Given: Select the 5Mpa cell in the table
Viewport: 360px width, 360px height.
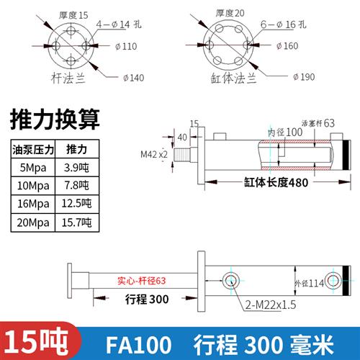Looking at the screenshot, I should [32, 167].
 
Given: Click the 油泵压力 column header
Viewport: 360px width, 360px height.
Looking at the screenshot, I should [32, 149].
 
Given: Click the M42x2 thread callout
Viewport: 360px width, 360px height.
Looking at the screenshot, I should [153, 153].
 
